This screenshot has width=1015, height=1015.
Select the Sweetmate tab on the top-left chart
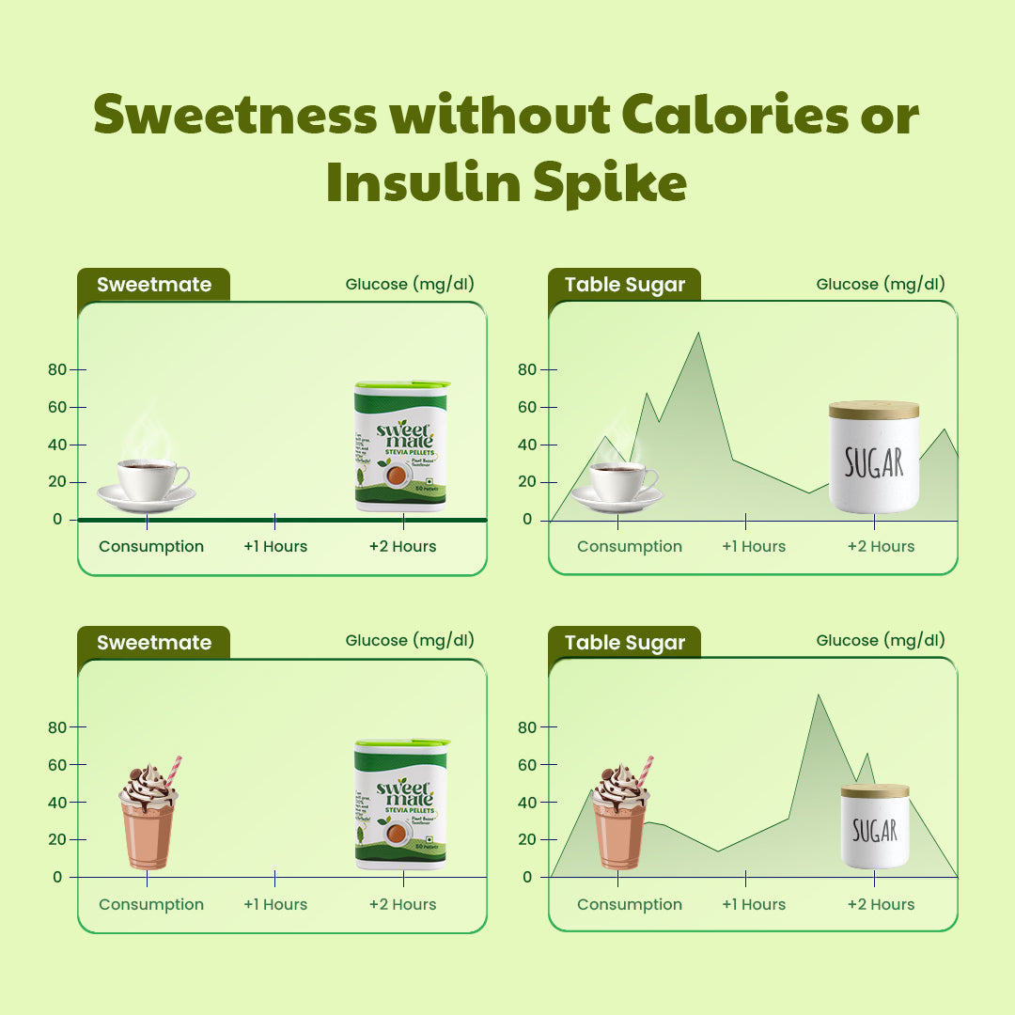coord(153,285)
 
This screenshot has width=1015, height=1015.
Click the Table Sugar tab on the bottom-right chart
coord(625,643)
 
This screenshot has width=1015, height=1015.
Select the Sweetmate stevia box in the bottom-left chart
coord(401,804)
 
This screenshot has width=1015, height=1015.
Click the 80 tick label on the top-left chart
coord(57,369)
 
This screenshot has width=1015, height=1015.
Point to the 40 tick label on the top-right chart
coord(526,445)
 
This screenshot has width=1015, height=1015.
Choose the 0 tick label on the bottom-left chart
coord(57,877)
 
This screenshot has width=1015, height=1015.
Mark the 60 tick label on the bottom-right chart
coord(526,765)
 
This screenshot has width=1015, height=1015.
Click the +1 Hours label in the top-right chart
coord(754,546)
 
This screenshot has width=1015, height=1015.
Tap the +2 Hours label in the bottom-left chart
coord(402,904)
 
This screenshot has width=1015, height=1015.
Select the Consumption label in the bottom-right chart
coord(630,904)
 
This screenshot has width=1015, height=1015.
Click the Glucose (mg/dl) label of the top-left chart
coord(410,284)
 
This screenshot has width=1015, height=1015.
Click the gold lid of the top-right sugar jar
coord(874,410)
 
